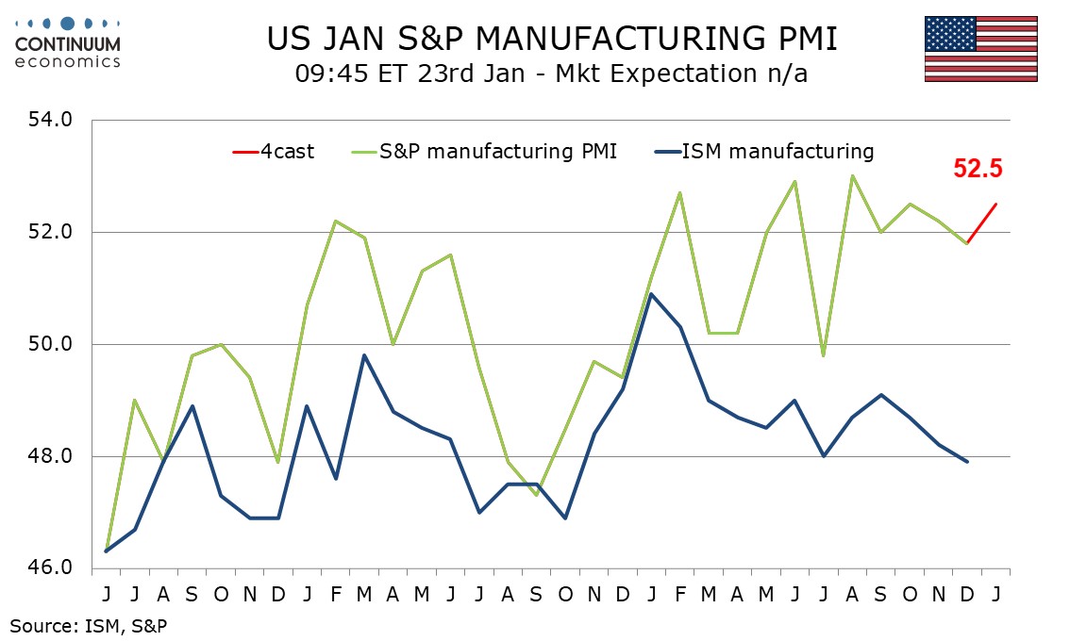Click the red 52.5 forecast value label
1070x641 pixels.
[x=978, y=170]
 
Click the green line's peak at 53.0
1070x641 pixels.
[x=852, y=175]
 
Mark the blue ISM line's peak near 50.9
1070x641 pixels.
[x=651, y=294]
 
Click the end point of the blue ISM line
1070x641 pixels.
[x=967, y=462]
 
